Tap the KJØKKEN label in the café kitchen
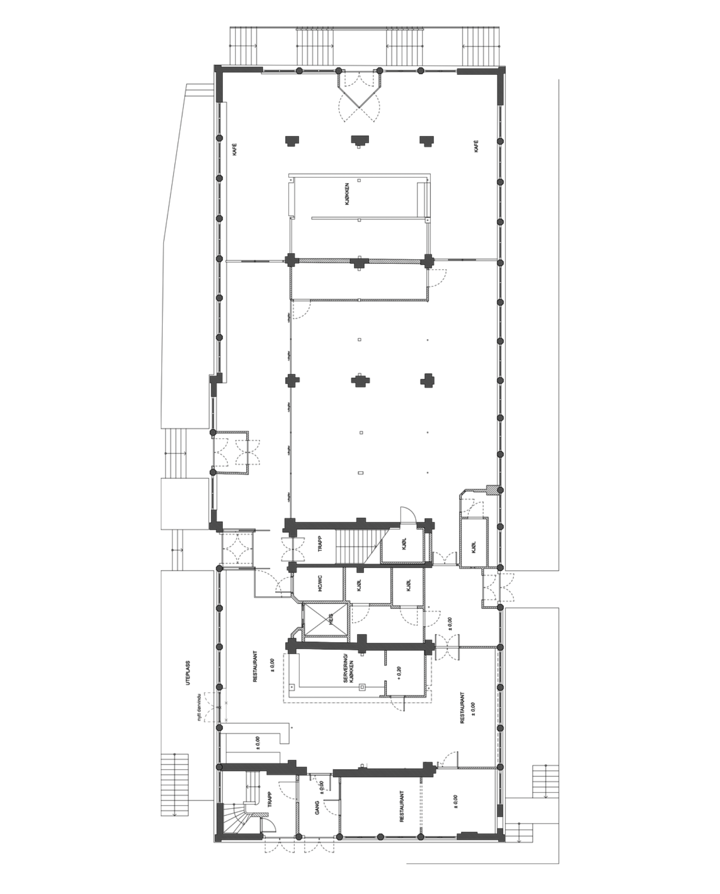click(347, 194)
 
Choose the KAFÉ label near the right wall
click(476, 146)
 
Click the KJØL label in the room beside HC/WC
click(360, 585)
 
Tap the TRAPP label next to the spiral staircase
click(269, 799)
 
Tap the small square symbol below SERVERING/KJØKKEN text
click(362, 687)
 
